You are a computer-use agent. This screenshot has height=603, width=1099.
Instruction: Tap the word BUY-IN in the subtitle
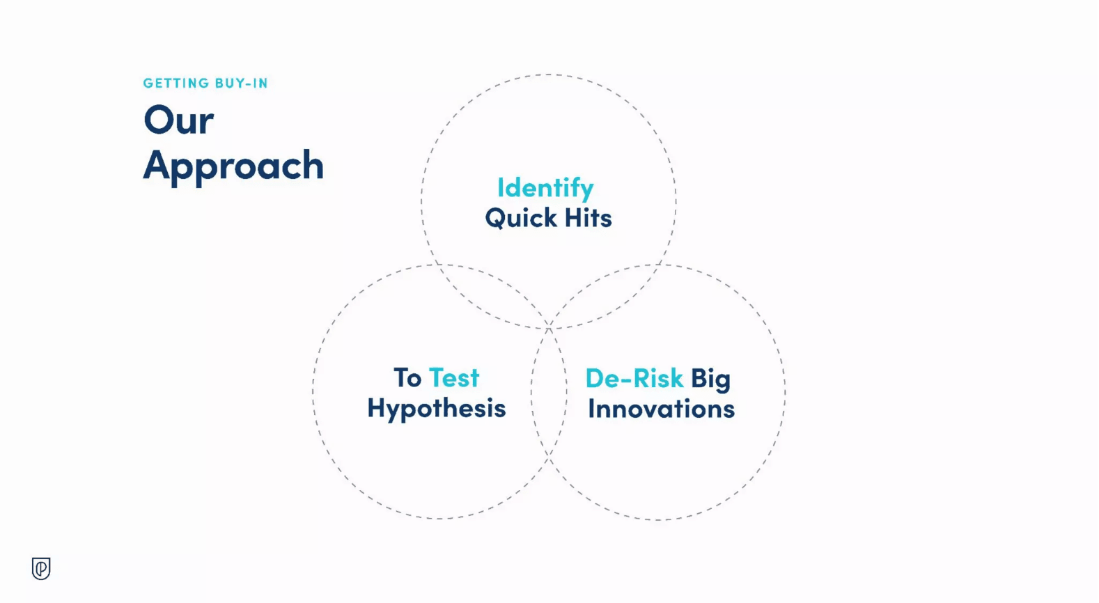tap(242, 83)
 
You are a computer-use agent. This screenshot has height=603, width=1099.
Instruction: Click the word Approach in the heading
tap(233, 166)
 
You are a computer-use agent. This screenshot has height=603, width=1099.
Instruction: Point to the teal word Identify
tap(545, 189)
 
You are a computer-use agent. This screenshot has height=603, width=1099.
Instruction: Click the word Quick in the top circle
tap(521, 218)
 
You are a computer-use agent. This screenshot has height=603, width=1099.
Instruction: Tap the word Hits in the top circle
tap(589, 217)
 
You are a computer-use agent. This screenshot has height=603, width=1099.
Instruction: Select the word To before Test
tap(407, 378)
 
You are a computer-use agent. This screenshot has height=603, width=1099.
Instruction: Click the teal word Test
tap(454, 378)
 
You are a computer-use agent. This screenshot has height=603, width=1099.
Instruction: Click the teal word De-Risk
tap(634, 378)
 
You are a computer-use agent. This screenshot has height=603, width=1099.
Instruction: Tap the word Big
tap(711, 379)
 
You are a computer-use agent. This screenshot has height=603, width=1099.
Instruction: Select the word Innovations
tap(662, 408)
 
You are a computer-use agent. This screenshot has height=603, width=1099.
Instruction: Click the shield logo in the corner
tap(41, 569)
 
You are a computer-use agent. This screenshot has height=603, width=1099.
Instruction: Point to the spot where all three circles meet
tap(549, 328)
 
